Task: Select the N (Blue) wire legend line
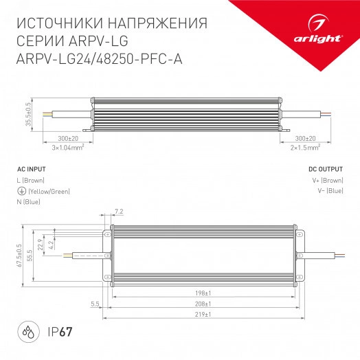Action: click(28, 202)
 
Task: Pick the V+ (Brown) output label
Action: click(327, 180)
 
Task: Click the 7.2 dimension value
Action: click(118, 211)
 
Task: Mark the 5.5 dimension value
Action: click(93, 303)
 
